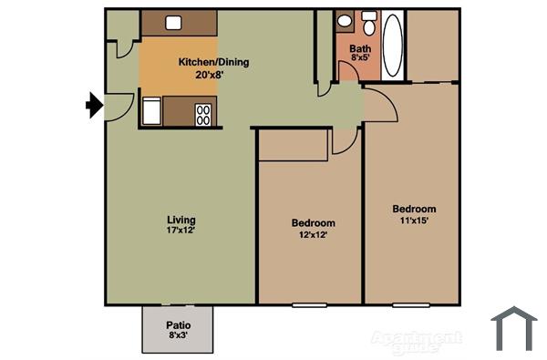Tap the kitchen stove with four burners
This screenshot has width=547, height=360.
click(x=203, y=114)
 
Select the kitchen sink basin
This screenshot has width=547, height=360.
click(x=171, y=23)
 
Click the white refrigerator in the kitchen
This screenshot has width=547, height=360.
click(x=151, y=112)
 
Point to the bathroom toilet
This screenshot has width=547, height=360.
click(x=368, y=25)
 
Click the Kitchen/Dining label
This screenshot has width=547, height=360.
click(x=213, y=63)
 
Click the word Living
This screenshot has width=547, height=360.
click(x=181, y=220)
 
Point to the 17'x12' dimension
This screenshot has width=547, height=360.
click(x=181, y=231)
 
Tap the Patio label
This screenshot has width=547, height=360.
click(x=178, y=325)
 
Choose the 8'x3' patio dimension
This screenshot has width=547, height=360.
click(x=178, y=336)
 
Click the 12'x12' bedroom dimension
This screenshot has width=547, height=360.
click(x=313, y=234)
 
